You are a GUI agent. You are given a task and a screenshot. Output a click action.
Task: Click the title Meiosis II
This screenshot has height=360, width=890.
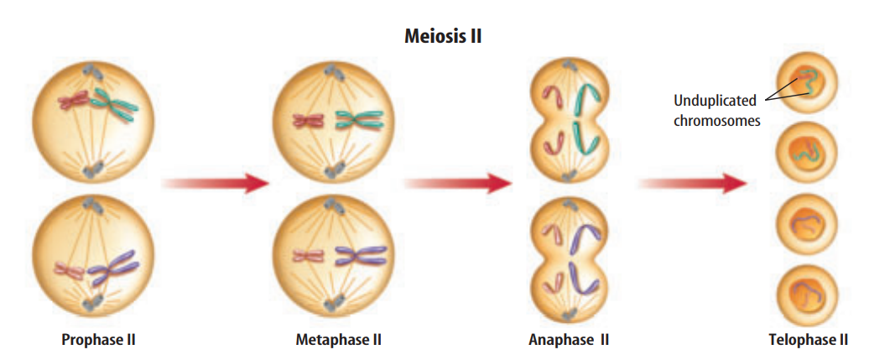(444, 36)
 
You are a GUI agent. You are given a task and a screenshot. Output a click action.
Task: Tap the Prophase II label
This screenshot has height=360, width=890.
(98, 340)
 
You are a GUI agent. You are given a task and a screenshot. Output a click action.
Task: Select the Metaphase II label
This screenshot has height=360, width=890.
(338, 340)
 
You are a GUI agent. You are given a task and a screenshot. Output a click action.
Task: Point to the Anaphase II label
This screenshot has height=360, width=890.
(569, 340)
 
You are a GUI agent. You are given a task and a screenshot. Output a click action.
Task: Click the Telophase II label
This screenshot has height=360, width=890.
(808, 340)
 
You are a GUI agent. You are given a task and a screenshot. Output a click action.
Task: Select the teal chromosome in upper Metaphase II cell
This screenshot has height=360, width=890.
(359, 121)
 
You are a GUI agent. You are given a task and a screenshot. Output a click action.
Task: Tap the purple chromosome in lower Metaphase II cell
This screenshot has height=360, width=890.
(359, 255)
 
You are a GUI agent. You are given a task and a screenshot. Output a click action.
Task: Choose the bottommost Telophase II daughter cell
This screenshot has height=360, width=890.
(806, 294)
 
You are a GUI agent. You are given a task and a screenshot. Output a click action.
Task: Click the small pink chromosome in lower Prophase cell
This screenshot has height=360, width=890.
(70, 269)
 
